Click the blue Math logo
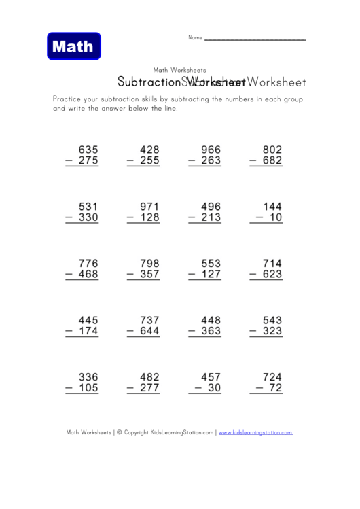point(74,46)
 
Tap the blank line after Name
point(255,38)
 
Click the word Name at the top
point(195,37)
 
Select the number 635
point(88,150)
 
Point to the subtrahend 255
point(149,161)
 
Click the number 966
point(211,150)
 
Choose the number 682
point(272,161)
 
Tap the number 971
point(149,207)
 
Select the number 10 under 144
point(275,218)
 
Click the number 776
point(88,264)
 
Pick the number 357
point(149,275)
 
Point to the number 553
point(211,264)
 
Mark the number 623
point(272,275)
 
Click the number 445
point(88,320)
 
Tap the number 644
point(149,332)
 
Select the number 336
point(88,377)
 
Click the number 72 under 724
point(275,389)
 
